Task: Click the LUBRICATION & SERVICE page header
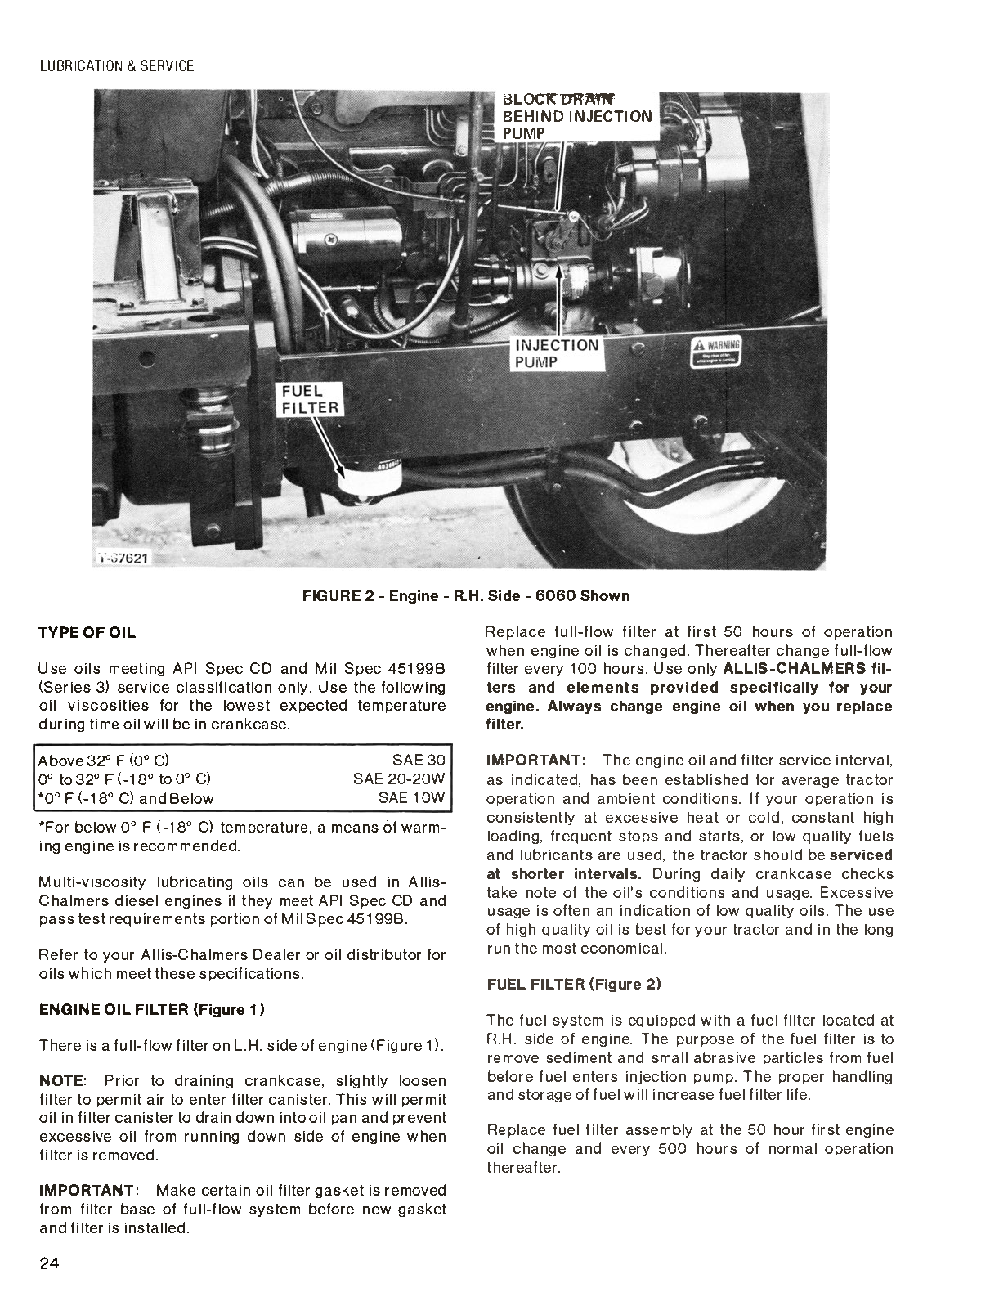117,66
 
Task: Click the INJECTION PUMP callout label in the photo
556,353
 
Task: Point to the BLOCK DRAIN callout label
576,116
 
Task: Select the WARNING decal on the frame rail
715,352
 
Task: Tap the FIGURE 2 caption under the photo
466,595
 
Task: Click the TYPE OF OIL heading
87,633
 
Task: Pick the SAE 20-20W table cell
399,779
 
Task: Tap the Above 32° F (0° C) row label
104,761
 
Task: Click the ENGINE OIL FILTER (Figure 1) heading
152,1009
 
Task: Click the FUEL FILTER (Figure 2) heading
574,985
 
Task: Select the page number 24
48,1263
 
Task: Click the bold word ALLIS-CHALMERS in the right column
794,669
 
